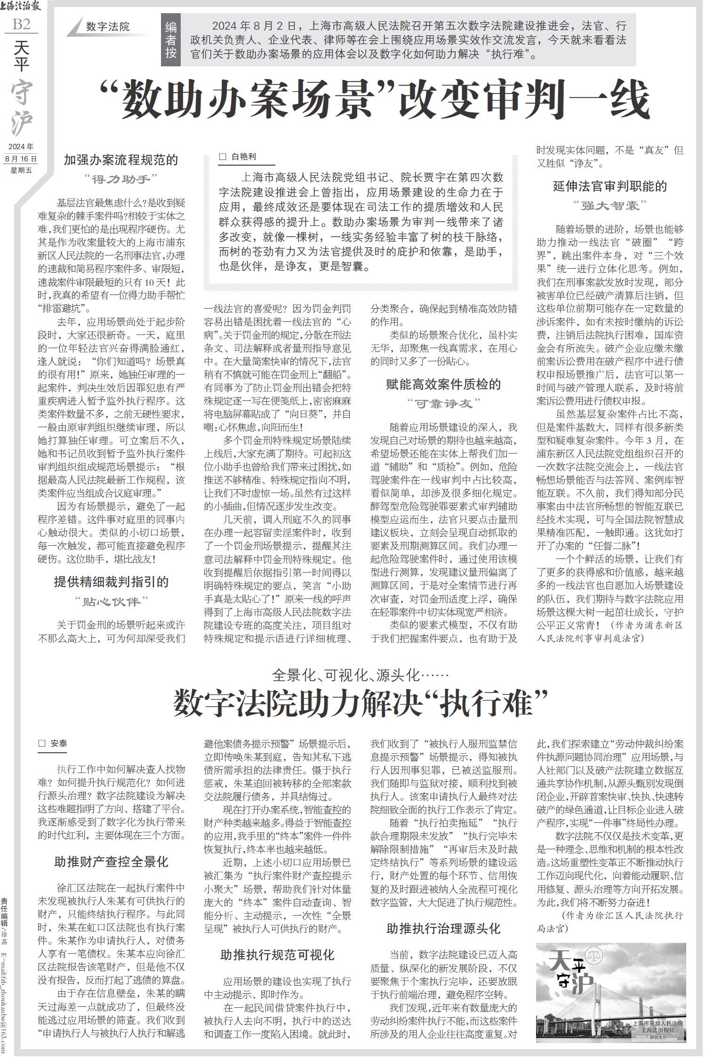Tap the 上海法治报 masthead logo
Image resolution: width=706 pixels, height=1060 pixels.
pyautogui.click(x=21, y=7)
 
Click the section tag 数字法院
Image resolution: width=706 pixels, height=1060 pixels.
pyautogui.click(x=108, y=27)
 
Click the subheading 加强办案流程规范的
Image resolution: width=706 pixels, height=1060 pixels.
pyautogui.click(x=121, y=160)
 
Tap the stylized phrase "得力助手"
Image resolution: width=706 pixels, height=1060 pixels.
pyautogui.click(x=120, y=179)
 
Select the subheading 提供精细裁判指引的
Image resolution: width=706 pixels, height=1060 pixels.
pyautogui.click(x=112, y=582)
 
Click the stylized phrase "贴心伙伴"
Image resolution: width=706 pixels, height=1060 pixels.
pyautogui.click(x=112, y=601)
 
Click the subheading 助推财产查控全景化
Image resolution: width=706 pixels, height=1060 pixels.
pyautogui.click(x=112, y=862)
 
